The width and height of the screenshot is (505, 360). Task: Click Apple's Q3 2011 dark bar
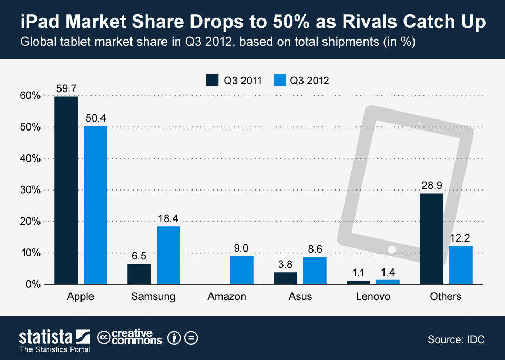coord(66,190)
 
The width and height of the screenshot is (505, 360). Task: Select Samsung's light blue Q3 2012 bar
coord(168,255)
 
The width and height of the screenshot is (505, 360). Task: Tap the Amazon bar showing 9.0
coord(241,270)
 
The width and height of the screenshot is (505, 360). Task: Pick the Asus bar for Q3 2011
coord(285,278)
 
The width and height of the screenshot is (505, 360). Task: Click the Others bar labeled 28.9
coord(431,238)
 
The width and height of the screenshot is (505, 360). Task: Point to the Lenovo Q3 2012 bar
coord(388,282)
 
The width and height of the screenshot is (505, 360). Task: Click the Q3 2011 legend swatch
coord(212,80)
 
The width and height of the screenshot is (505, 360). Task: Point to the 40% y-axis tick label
coord(30,158)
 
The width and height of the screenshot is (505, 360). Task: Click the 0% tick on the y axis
coord(33,284)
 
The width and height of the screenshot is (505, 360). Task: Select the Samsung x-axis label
coord(153,297)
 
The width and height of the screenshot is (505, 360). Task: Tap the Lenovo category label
coord(372,297)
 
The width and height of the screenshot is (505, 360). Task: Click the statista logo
coord(52,337)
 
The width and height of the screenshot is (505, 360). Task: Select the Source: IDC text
coord(456,339)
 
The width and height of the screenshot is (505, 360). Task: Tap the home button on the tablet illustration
coord(391,249)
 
